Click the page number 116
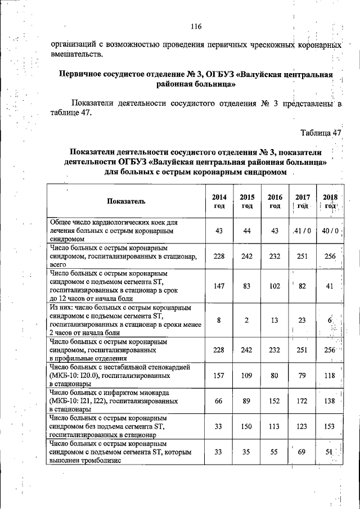click(x=196, y=26)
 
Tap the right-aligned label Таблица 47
click(x=321, y=133)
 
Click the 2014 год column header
click(x=219, y=201)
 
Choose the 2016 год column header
click(x=274, y=201)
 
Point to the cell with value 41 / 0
click(x=302, y=231)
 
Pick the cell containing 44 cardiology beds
click(x=247, y=231)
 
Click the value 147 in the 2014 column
click(x=219, y=286)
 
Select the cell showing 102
click(x=274, y=286)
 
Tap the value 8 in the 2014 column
click(x=219, y=320)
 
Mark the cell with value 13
click(x=274, y=320)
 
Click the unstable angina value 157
click(x=219, y=375)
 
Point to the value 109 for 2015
click(x=247, y=375)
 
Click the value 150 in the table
click(x=247, y=426)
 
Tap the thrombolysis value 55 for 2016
click(x=274, y=452)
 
